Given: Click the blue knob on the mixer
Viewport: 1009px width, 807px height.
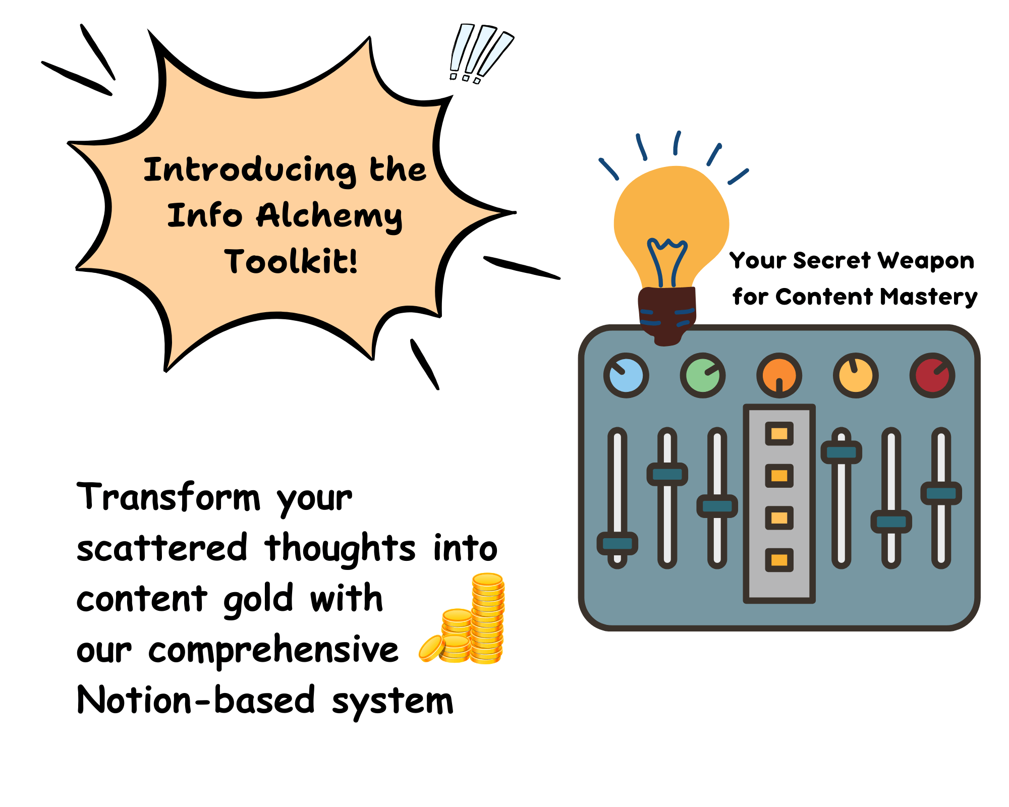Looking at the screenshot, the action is coord(626,375).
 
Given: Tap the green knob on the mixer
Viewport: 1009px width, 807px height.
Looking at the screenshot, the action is coord(703,375).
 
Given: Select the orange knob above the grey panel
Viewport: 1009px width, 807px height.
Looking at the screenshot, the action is coord(779,375).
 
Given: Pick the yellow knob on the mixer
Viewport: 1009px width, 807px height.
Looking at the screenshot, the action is coord(856,375).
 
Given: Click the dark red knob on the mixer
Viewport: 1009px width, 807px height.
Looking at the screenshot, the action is coord(932,375).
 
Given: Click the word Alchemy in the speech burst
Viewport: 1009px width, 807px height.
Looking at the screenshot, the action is coord(329,217).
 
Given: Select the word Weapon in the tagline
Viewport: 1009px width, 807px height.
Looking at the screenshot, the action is coord(926,261).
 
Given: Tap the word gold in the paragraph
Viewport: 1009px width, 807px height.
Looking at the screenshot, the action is coord(258,600).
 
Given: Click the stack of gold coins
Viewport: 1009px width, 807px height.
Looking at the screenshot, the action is coord(462,618).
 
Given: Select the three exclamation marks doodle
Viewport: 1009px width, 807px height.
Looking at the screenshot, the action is coord(480,53).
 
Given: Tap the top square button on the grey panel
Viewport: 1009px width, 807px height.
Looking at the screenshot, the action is coord(779,433).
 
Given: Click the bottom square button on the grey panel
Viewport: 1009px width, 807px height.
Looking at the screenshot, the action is coord(779,560).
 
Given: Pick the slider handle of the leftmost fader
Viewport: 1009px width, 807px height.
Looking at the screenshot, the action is coord(618,543).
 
